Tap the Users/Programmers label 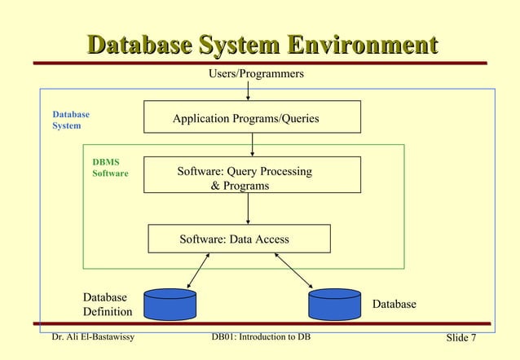point(257,74)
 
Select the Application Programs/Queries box point(252,116)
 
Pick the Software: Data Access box point(239,239)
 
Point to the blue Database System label point(70,121)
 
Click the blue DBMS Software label point(110,168)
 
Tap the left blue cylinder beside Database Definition point(170,305)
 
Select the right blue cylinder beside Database point(334,305)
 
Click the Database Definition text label point(107,305)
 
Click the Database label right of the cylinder point(394,304)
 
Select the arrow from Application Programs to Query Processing point(253,144)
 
